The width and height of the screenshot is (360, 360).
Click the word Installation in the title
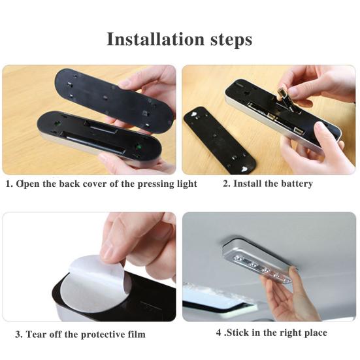coord(155,39)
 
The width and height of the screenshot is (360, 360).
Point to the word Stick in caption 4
coord(237,333)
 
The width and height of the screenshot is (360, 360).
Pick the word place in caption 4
coord(316,333)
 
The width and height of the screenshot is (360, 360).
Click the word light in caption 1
coord(187,184)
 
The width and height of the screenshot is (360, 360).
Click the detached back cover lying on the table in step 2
coord(220,140)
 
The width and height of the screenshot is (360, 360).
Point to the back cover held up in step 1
coord(114,101)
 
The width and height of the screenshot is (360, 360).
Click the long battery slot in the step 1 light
coord(97,144)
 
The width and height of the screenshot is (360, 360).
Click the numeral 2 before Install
coord(226,184)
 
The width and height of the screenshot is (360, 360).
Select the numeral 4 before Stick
coord(219,333)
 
